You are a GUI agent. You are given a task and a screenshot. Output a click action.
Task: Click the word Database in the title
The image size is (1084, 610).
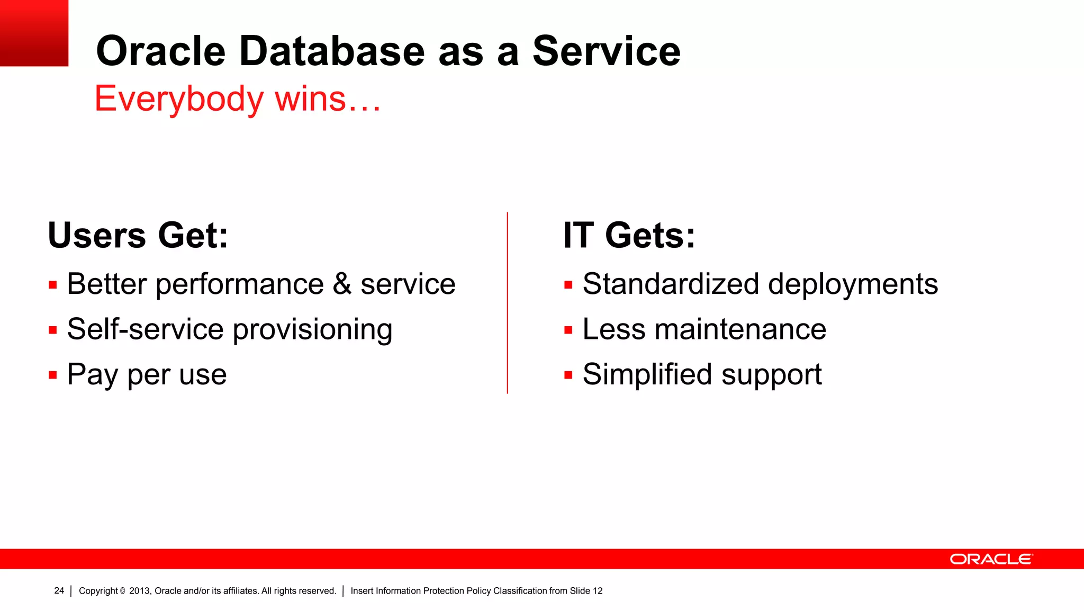(332, 51)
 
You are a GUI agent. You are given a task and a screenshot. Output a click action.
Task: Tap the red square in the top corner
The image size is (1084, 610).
(34, 33)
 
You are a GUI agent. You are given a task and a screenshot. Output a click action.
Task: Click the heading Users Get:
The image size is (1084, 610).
(138, 235)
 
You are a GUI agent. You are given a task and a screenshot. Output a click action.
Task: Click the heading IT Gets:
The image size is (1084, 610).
(629, 235)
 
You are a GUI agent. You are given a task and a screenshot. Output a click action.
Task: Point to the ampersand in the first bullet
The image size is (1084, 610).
(342, 284)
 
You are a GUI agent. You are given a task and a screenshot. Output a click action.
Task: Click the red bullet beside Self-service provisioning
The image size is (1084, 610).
(52, 330)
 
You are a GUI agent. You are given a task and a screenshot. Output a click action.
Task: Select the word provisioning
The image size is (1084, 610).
(312, 330)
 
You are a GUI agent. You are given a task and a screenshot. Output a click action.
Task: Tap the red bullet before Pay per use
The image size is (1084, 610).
(52, 375)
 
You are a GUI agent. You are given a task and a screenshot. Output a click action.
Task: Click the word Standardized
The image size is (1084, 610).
(671, 284)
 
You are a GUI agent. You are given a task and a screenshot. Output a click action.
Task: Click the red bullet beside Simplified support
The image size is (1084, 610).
(568, 375)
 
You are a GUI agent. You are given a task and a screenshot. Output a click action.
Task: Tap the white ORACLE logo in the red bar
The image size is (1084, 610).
(991, 559)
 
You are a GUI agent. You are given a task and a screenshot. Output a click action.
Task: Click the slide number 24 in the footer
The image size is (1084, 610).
(59, 590)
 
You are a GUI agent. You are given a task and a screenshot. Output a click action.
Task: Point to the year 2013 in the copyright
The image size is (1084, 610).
(139, 591)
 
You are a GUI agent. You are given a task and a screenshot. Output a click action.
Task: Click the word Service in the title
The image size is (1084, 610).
(606, 51)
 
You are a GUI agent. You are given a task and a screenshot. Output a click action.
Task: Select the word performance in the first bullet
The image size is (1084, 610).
(239, 285)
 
